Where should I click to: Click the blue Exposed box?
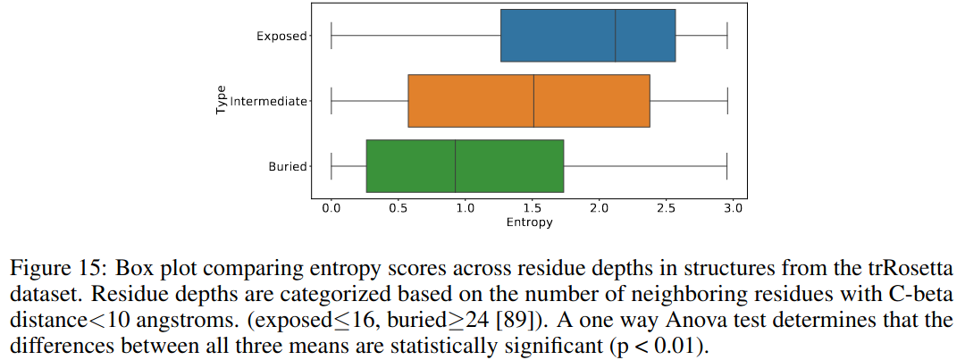click(x=588, y=36)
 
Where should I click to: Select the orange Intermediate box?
click(x=529, y=101)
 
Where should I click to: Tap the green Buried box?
click(x=465, y=166)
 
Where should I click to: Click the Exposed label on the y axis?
click(x=281, y=37)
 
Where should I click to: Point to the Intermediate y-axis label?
click(x=269, y=102)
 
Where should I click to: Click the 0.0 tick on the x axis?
click(x=331, y=208)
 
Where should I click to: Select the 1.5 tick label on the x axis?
click(x=533, y=208)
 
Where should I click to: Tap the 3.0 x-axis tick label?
click(x=733, y=208)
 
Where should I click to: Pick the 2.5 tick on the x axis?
click(x=666, y=208)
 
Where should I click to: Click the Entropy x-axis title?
click(x=529, y=222)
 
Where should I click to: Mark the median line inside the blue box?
click(x=616, y=36)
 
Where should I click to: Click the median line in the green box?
click(x=456, y=166)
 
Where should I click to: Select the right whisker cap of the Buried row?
click(x=727, y=166)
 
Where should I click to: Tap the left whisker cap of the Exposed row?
click(x=331, y=36)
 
